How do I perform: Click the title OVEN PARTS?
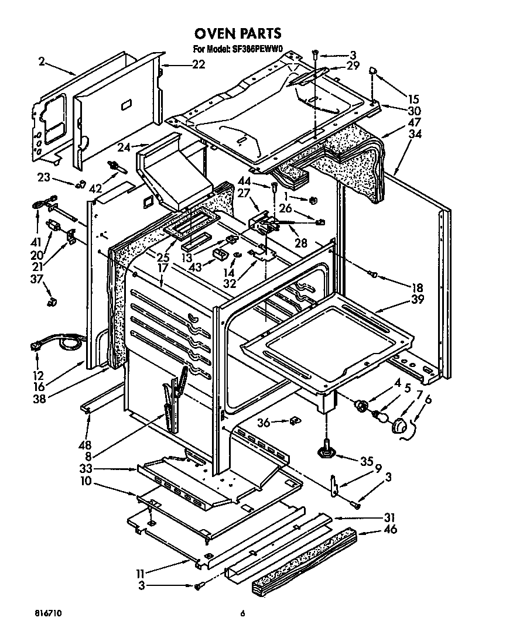pos(238,33)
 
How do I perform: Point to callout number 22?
pos(199,64)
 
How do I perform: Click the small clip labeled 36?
pos(295,420)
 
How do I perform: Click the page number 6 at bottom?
pos(241,613)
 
